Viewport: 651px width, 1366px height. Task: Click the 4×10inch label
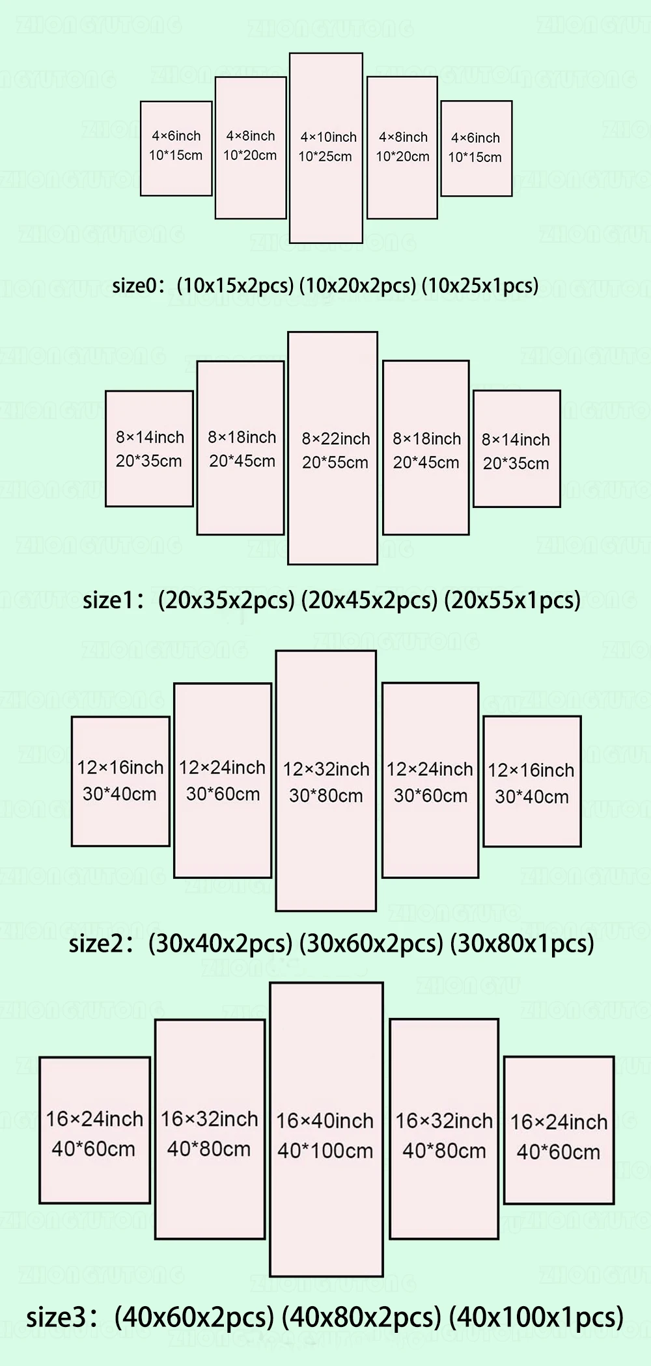328,137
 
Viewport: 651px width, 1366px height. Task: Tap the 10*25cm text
325,157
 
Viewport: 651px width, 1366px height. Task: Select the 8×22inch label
335,439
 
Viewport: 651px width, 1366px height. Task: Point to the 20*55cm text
335,462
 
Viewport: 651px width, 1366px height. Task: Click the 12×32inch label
326,770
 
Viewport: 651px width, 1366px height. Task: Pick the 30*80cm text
326,796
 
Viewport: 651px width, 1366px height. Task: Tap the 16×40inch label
325,1121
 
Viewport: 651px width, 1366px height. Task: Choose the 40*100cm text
325,1151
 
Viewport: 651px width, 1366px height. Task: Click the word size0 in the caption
135,286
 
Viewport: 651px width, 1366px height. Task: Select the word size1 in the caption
108,600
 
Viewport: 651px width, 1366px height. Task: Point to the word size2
96,943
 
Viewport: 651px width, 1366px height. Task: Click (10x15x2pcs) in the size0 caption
235,286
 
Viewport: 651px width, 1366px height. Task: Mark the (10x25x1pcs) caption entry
480,286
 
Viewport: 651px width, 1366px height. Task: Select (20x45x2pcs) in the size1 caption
369,600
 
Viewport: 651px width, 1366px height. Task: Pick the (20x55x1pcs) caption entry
512,600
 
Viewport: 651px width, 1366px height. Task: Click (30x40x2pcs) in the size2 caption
220,943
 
